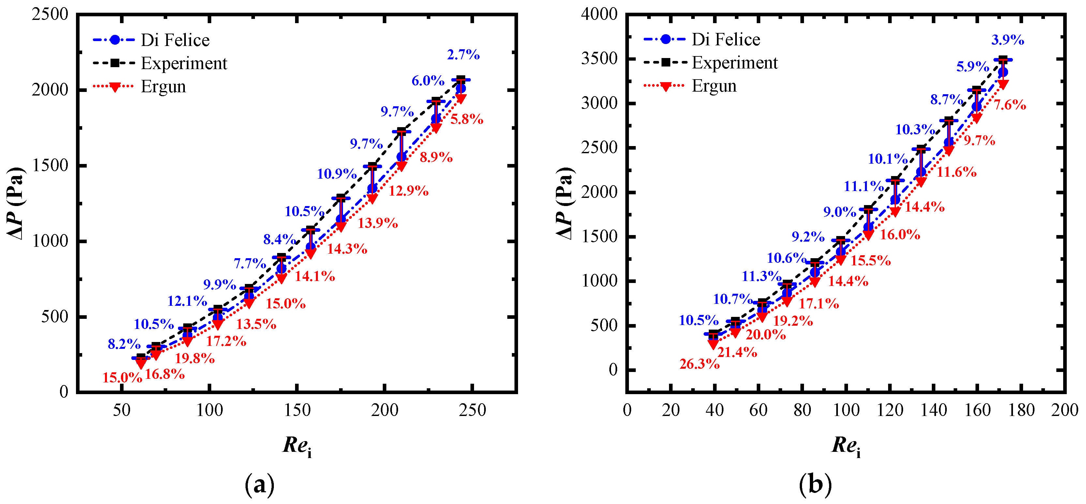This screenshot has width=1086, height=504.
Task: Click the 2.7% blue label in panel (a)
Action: pos(463,55)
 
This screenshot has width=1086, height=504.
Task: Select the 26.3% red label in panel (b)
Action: pos(699,364)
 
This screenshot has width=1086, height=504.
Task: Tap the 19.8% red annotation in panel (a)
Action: pos(194,359)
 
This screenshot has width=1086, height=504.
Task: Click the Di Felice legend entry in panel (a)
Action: pos(174,40)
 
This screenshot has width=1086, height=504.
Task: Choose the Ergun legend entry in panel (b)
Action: pos(714,86)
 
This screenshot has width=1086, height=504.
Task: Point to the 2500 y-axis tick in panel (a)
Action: pos(50,14)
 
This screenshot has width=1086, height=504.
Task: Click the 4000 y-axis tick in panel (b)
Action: pos(599,14)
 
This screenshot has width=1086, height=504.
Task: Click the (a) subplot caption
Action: pos(259,485)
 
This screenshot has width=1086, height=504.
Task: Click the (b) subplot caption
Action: pos(815,485)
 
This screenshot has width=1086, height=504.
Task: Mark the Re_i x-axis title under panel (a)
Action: pos(297,446)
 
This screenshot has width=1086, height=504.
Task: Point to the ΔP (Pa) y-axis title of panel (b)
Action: pos(565,203)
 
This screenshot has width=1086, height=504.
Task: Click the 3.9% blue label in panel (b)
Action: pos(1007,40)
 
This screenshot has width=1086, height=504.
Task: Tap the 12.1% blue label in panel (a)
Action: pos(187,301)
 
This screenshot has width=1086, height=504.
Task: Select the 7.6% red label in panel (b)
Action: pos(1010,105)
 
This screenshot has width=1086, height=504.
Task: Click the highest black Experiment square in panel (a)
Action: pos(461,79)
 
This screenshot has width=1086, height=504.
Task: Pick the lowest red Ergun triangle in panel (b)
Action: pos(713,344)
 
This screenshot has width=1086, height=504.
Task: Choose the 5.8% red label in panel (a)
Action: pos(467,119)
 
